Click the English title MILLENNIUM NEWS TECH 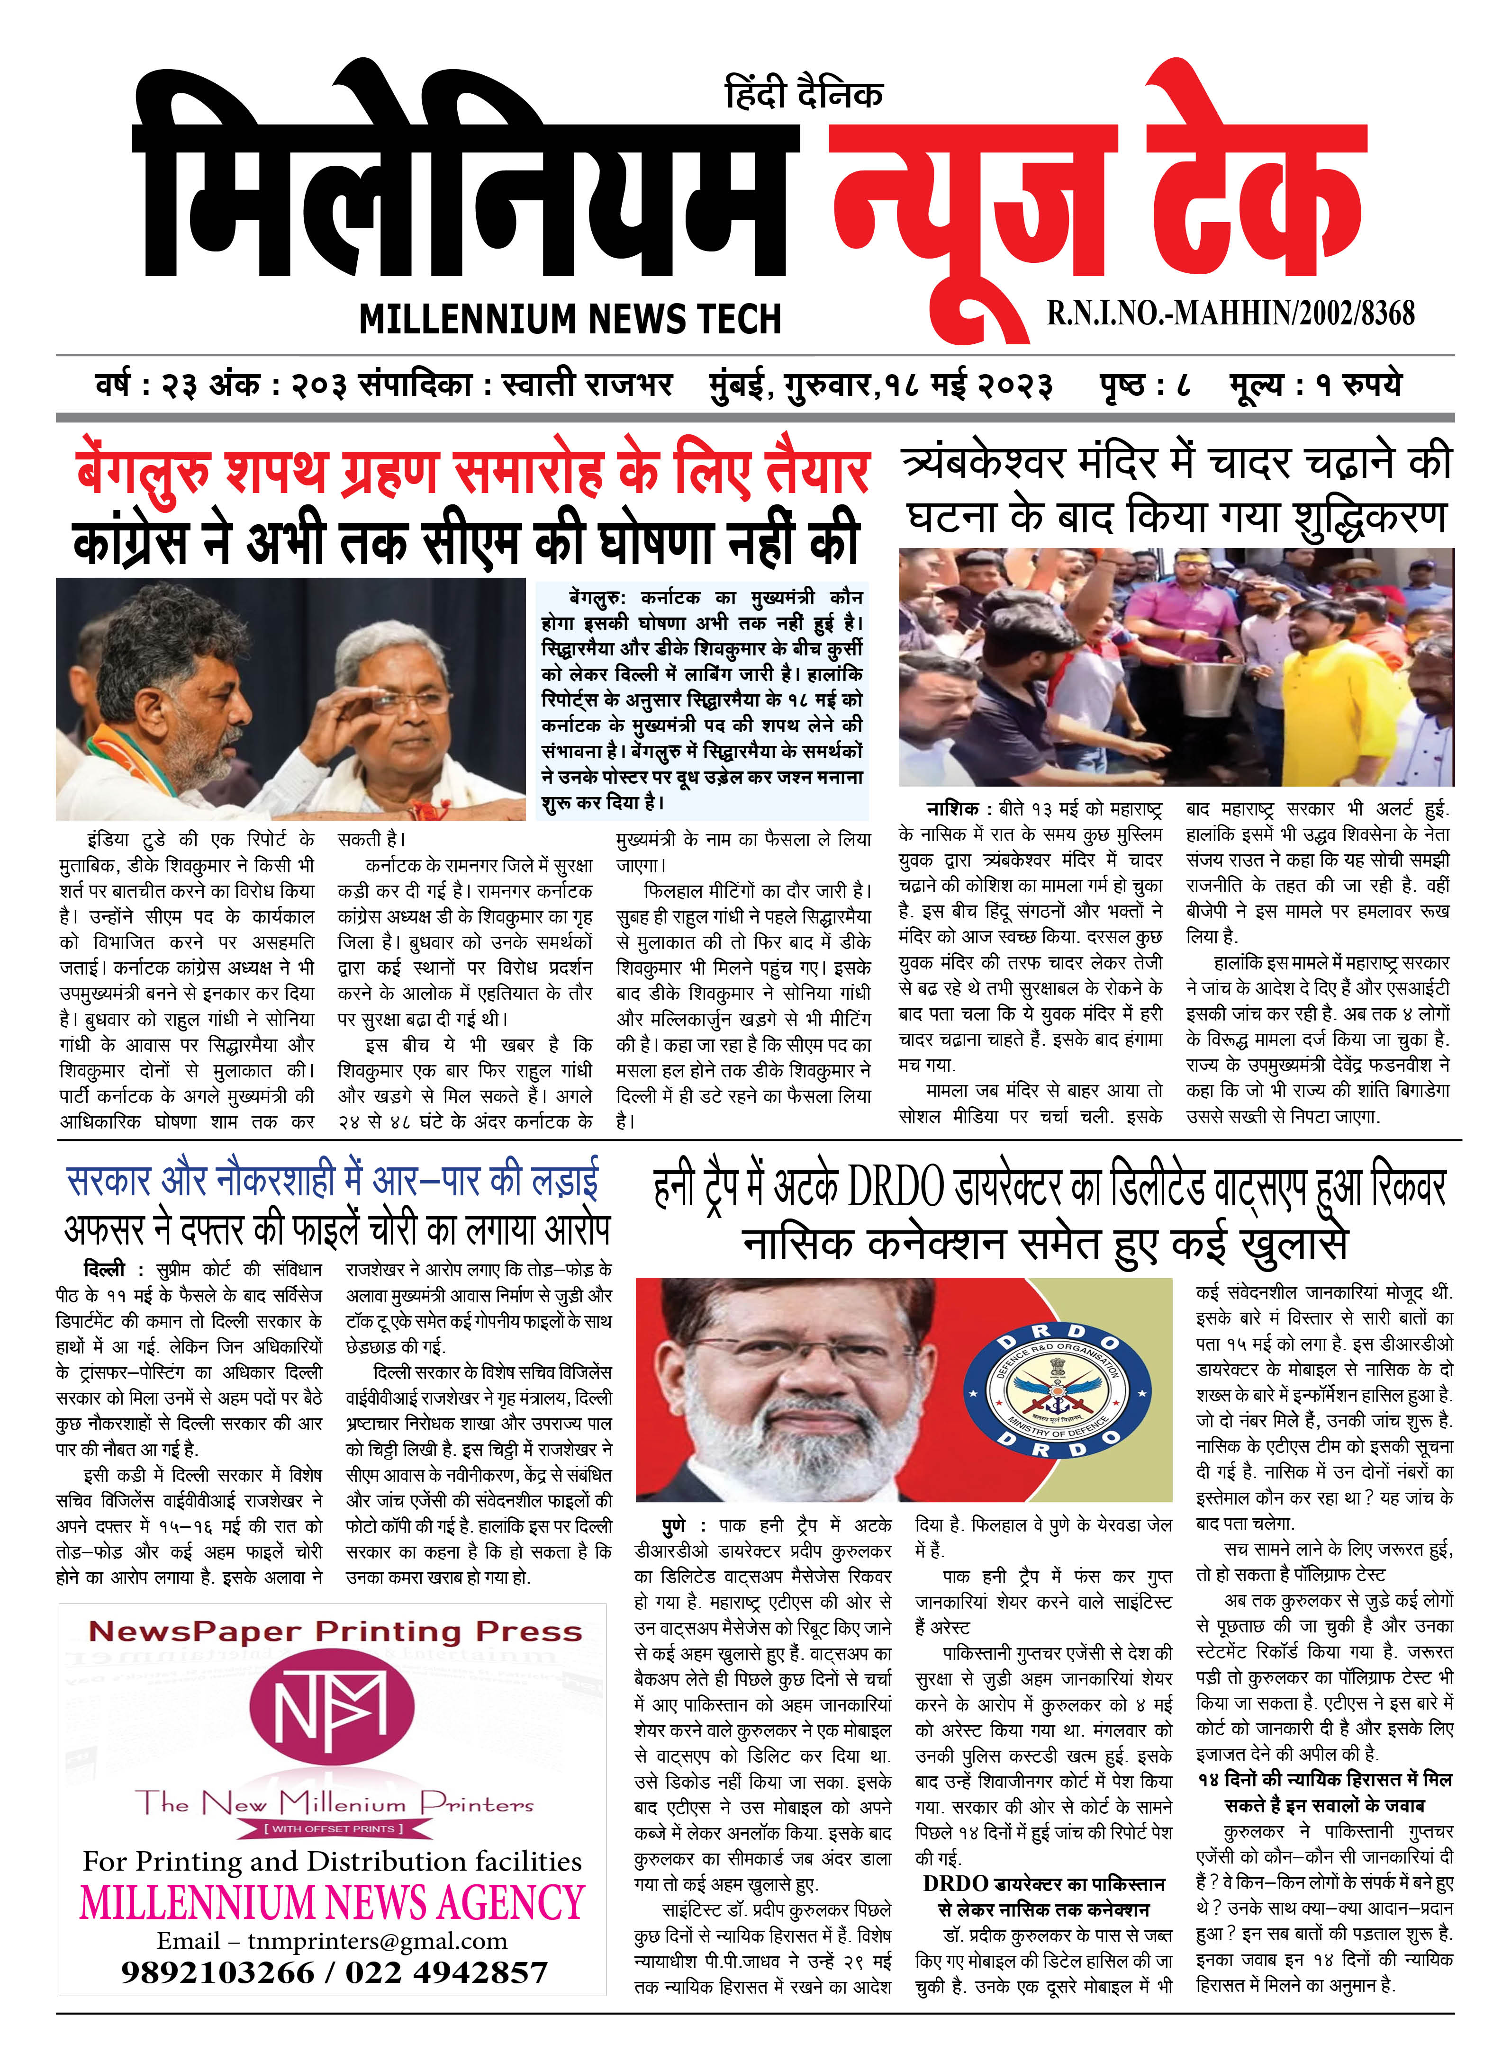(x=570, y=319)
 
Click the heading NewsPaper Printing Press (x=335, y=1631)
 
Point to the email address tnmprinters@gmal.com (x=377, y=1940)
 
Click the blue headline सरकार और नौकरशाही (x=333, y=1181)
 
